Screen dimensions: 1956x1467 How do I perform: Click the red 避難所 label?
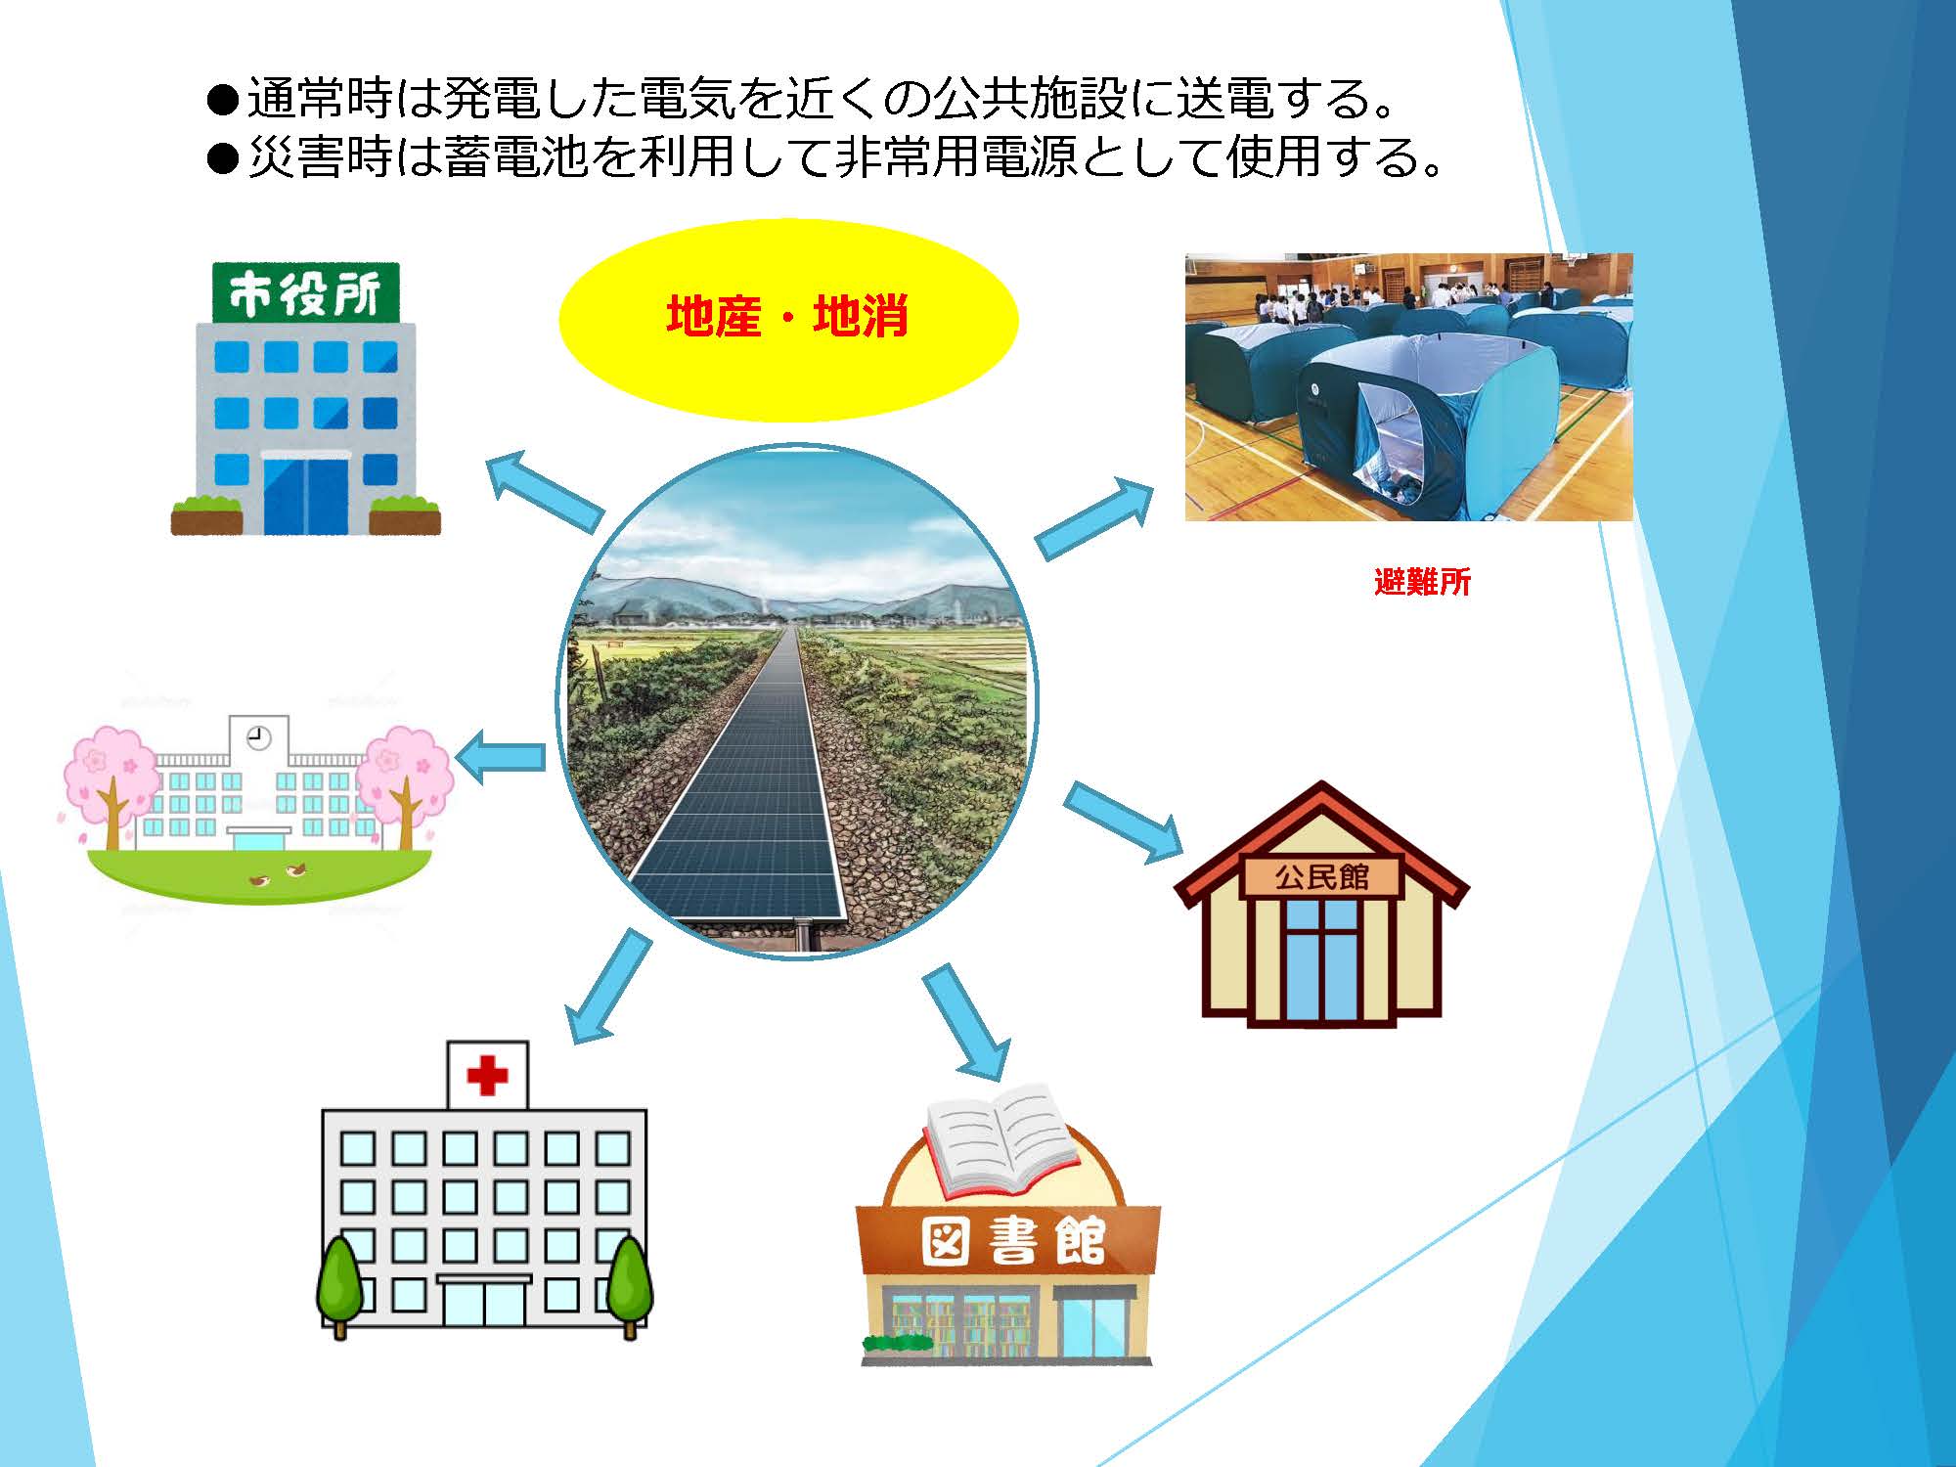[x=1422, y=582]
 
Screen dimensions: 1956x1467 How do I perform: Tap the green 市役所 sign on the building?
[x=306, y=292]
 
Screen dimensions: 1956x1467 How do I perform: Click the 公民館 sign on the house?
[x=1321, y=876]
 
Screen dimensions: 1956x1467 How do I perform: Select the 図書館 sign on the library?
[x=1012, y=1241]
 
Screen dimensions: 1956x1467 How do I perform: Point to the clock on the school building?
[x=259, y=737]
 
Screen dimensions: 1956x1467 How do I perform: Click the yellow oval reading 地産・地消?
[x=788, y=319]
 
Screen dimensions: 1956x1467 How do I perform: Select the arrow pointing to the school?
[x=500, y=756]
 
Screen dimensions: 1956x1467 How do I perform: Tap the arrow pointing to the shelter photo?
[x=1094, y=519]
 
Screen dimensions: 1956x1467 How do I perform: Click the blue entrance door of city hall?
[x=306, y=495]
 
